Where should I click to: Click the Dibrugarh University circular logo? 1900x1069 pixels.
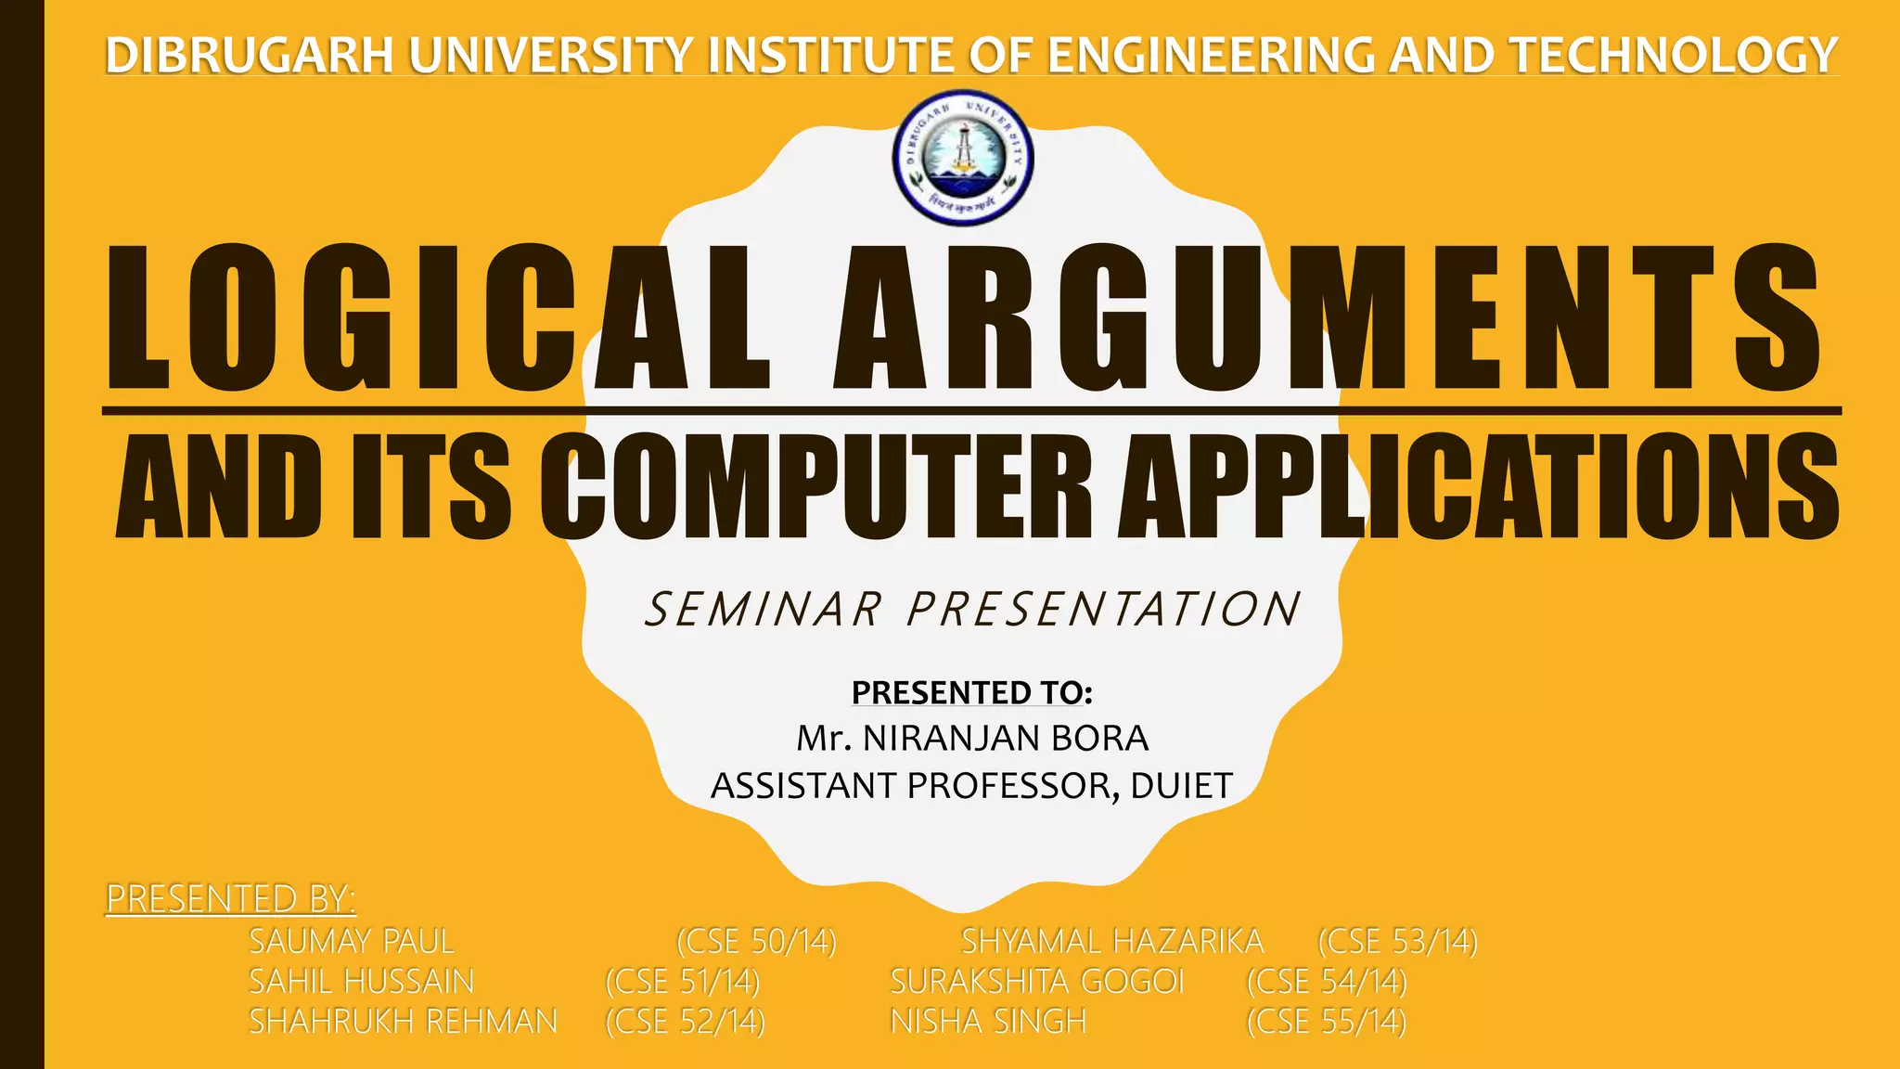click(963, 159)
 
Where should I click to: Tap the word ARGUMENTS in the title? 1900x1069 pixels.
click(1328, 318)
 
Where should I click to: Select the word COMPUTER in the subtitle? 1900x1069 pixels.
click(826, 486)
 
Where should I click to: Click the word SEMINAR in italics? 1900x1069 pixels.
click(764, 610)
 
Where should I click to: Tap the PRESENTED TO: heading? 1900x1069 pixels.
click(971, 692)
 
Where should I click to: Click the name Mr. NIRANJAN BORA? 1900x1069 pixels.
click(971, 739)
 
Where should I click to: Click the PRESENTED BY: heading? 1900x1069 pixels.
click(231, 898)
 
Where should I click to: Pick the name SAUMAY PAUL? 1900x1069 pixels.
click(352, 941)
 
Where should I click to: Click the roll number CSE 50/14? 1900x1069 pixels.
click(756, 941)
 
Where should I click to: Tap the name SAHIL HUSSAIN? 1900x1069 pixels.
click(362, 981)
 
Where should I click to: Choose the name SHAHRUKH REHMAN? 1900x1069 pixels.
click(404, 1021)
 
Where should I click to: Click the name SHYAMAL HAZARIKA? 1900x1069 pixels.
click(1112, 941)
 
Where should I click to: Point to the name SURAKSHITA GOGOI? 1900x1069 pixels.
click(1037, 981)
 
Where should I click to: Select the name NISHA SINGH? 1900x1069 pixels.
click(988, 1021)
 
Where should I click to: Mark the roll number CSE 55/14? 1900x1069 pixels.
click(1327, 1021)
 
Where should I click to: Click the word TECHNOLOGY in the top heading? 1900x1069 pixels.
click(1675, 55)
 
